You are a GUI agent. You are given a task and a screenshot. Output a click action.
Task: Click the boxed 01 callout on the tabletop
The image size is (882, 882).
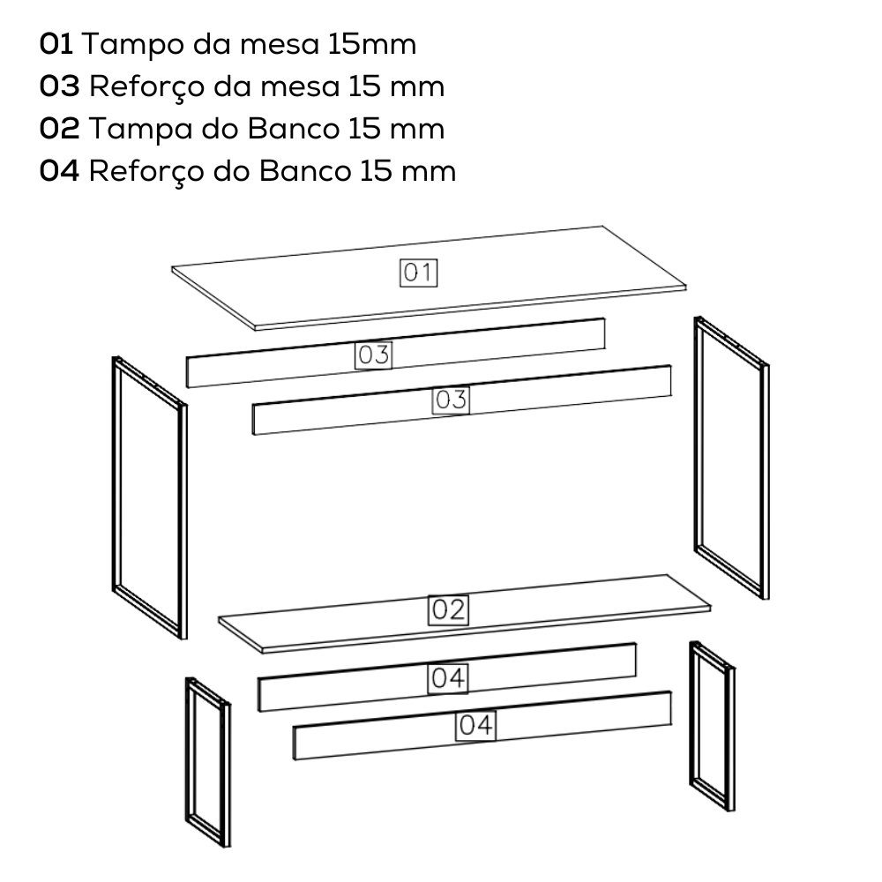(x=418, y=273)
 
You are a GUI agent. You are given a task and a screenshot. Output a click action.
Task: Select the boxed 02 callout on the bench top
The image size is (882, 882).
(x=448, y=609)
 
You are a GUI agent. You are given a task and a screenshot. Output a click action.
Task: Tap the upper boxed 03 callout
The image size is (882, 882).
(x=373, y=355)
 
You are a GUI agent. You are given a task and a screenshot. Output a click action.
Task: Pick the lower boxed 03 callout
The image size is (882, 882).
(x=451, y=400)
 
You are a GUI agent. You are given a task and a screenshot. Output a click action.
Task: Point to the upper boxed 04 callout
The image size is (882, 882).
(x=448, y=678)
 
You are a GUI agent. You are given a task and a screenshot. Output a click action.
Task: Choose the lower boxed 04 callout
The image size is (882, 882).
(x=475, y=726)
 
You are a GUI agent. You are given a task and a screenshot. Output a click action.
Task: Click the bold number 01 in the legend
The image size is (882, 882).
(x=56, y=44)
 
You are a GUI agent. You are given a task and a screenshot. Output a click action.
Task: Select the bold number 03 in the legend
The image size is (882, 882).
(x=60, y=86)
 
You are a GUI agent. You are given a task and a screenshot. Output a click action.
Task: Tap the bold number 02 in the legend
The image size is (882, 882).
(x=60, y=129)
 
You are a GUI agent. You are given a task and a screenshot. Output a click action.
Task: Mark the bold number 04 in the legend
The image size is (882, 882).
(x=60, y=171)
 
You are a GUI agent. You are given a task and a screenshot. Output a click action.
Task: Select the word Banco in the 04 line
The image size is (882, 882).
(x=304, y=171)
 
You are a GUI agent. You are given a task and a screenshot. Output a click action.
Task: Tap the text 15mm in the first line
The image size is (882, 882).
(x=372, y=44)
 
